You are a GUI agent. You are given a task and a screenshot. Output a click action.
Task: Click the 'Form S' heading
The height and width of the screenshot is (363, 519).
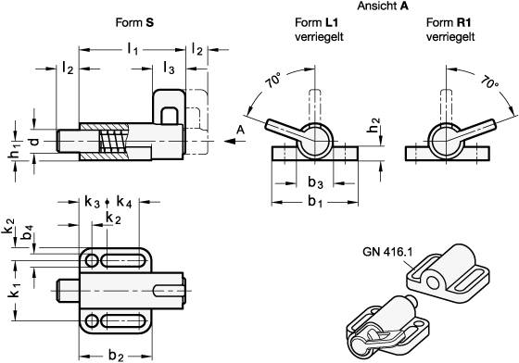[134, 22]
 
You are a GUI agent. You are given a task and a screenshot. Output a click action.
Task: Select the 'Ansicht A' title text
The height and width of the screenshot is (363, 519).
[383, 6]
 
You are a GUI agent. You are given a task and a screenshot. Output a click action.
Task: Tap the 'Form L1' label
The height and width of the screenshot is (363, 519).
[316, 22]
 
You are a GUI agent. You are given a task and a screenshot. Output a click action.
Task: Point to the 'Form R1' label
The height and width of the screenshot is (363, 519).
[449, 22]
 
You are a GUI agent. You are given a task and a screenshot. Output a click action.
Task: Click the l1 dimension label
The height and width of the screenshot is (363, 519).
[133, 50]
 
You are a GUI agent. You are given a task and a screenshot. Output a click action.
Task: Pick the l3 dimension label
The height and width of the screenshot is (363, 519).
[169, 68]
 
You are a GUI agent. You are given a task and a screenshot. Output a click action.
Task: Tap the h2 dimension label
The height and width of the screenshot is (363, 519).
[373, 125]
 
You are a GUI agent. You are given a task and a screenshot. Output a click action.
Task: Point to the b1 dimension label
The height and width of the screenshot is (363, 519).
[315, 201]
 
